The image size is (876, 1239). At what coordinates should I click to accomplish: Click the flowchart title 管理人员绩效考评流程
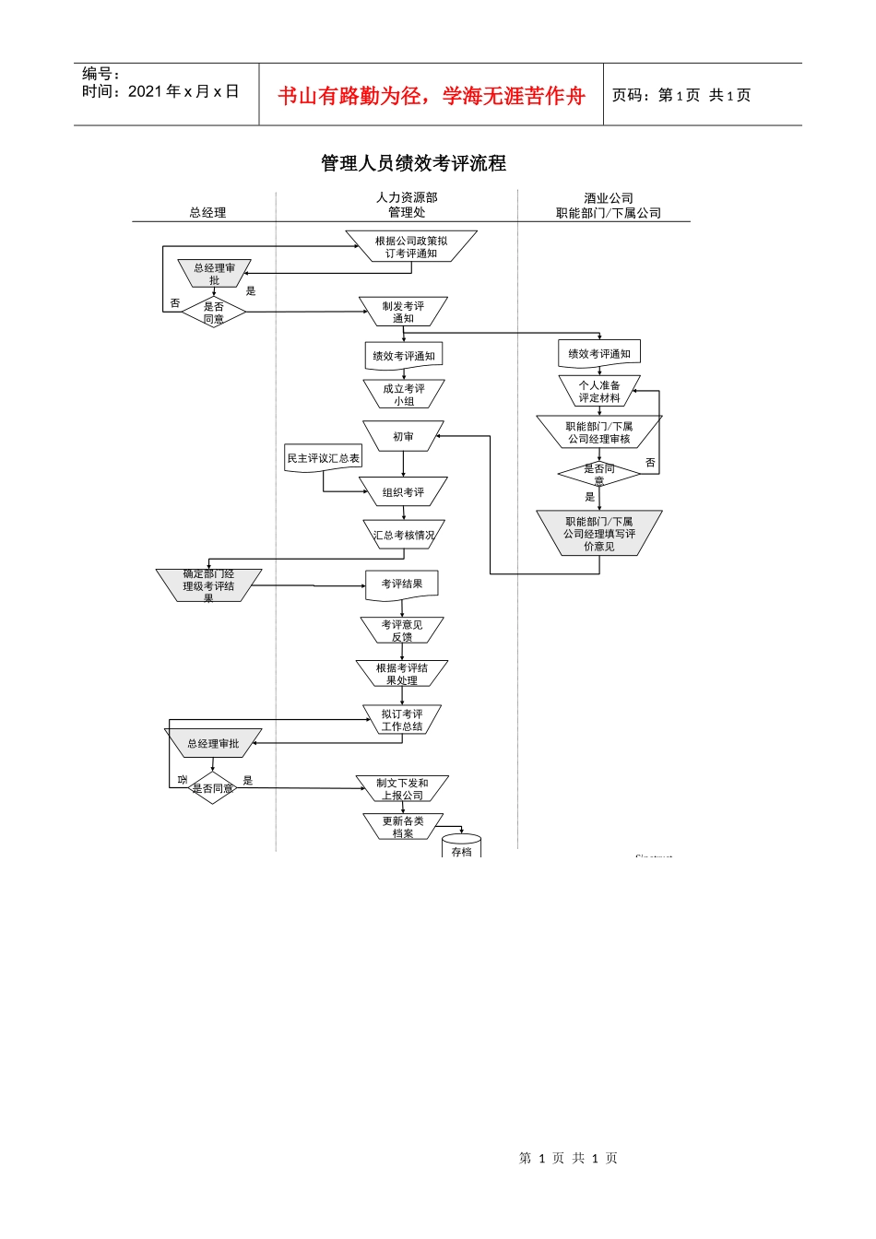(x=413, y=163)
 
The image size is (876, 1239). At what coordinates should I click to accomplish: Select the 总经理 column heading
(x=207, y=212)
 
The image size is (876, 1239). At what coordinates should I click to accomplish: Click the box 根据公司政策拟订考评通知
(x=411, y=247)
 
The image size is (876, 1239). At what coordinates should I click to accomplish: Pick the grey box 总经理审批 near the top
(x=214, y=274)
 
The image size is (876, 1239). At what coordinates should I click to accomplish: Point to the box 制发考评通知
(x=403, y=312)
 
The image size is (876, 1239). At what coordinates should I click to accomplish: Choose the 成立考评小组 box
(x=404, y=395)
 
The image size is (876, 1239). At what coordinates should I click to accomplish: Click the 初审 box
(x=403, y=437)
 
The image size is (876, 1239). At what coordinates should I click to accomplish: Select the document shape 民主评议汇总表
(x=323, y=458)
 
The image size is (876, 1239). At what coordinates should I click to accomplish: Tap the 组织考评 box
(x=403, y=492)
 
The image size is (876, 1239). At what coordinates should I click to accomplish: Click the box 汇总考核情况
(x=403, y=535)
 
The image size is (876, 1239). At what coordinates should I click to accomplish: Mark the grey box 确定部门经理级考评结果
(x=208, y=585)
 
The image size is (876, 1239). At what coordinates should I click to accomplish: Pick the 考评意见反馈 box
(x=402, y=631)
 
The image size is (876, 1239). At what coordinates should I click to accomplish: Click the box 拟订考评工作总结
(x=402, y=720)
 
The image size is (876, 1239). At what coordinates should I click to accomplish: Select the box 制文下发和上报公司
(x=402, y=789)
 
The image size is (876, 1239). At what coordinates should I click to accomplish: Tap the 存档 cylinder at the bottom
(x=462, y=847)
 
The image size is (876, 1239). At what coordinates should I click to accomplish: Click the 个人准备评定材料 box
(x=599, y=392)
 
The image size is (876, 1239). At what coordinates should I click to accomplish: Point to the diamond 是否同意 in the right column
(x=598, y=474)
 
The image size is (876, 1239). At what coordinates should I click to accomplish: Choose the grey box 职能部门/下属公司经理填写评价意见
(x=599, y=534)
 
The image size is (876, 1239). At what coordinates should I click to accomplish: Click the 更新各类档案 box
(x=403, y=827)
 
